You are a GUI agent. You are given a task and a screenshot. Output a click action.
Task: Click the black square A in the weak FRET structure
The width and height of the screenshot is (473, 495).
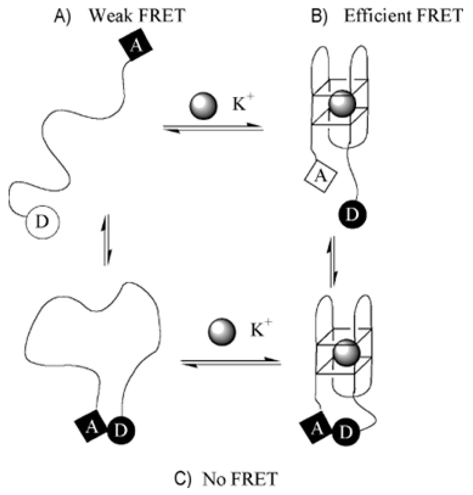click(x=136, y=45)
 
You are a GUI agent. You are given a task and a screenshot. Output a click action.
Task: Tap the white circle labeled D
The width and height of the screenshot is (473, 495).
click(x=43, y=222)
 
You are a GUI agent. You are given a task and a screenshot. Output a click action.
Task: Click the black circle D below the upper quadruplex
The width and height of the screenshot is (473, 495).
click(x=352, y=215)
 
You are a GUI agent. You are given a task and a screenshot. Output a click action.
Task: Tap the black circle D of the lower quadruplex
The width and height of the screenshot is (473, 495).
click(x=346, y=432)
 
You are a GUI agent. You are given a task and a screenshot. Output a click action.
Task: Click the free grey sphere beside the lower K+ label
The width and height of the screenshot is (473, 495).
click(x=222, y=332)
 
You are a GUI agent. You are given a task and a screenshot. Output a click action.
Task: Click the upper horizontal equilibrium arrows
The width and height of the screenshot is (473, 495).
click(x=213, y=128)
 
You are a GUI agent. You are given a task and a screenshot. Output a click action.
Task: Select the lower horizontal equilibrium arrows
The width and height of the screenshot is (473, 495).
click(x=231, y=362)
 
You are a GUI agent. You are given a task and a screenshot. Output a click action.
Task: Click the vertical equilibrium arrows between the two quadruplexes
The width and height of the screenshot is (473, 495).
click(x=332, y=262)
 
